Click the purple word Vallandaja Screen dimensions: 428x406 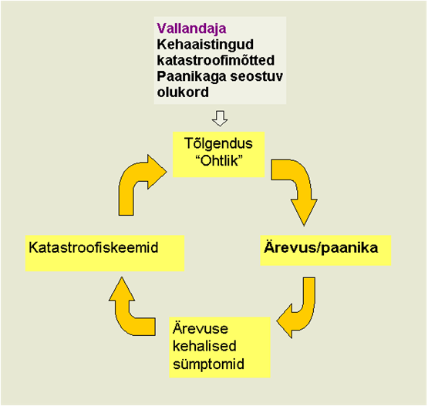pos(191,29)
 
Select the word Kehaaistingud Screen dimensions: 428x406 pos(205,45)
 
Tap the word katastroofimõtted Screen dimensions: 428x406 pos(216,60)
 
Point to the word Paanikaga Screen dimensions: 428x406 pos(191,77)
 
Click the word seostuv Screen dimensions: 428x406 pos(257,76)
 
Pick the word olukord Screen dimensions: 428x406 pos(183,92)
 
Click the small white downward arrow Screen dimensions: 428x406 pos(220,119)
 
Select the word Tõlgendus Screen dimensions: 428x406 pos(218,143)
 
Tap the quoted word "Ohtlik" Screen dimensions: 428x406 pos(219,161)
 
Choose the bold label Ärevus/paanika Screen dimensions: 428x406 pos(321,248)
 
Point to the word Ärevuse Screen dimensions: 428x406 pos(200,328)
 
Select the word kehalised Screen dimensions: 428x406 pos(204,346)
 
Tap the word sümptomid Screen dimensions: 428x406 pos(208,364)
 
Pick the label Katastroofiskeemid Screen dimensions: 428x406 pos(93,247)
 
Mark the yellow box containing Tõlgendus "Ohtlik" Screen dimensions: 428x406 pos(219,155)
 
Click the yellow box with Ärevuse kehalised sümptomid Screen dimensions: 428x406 pos(220,347)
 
